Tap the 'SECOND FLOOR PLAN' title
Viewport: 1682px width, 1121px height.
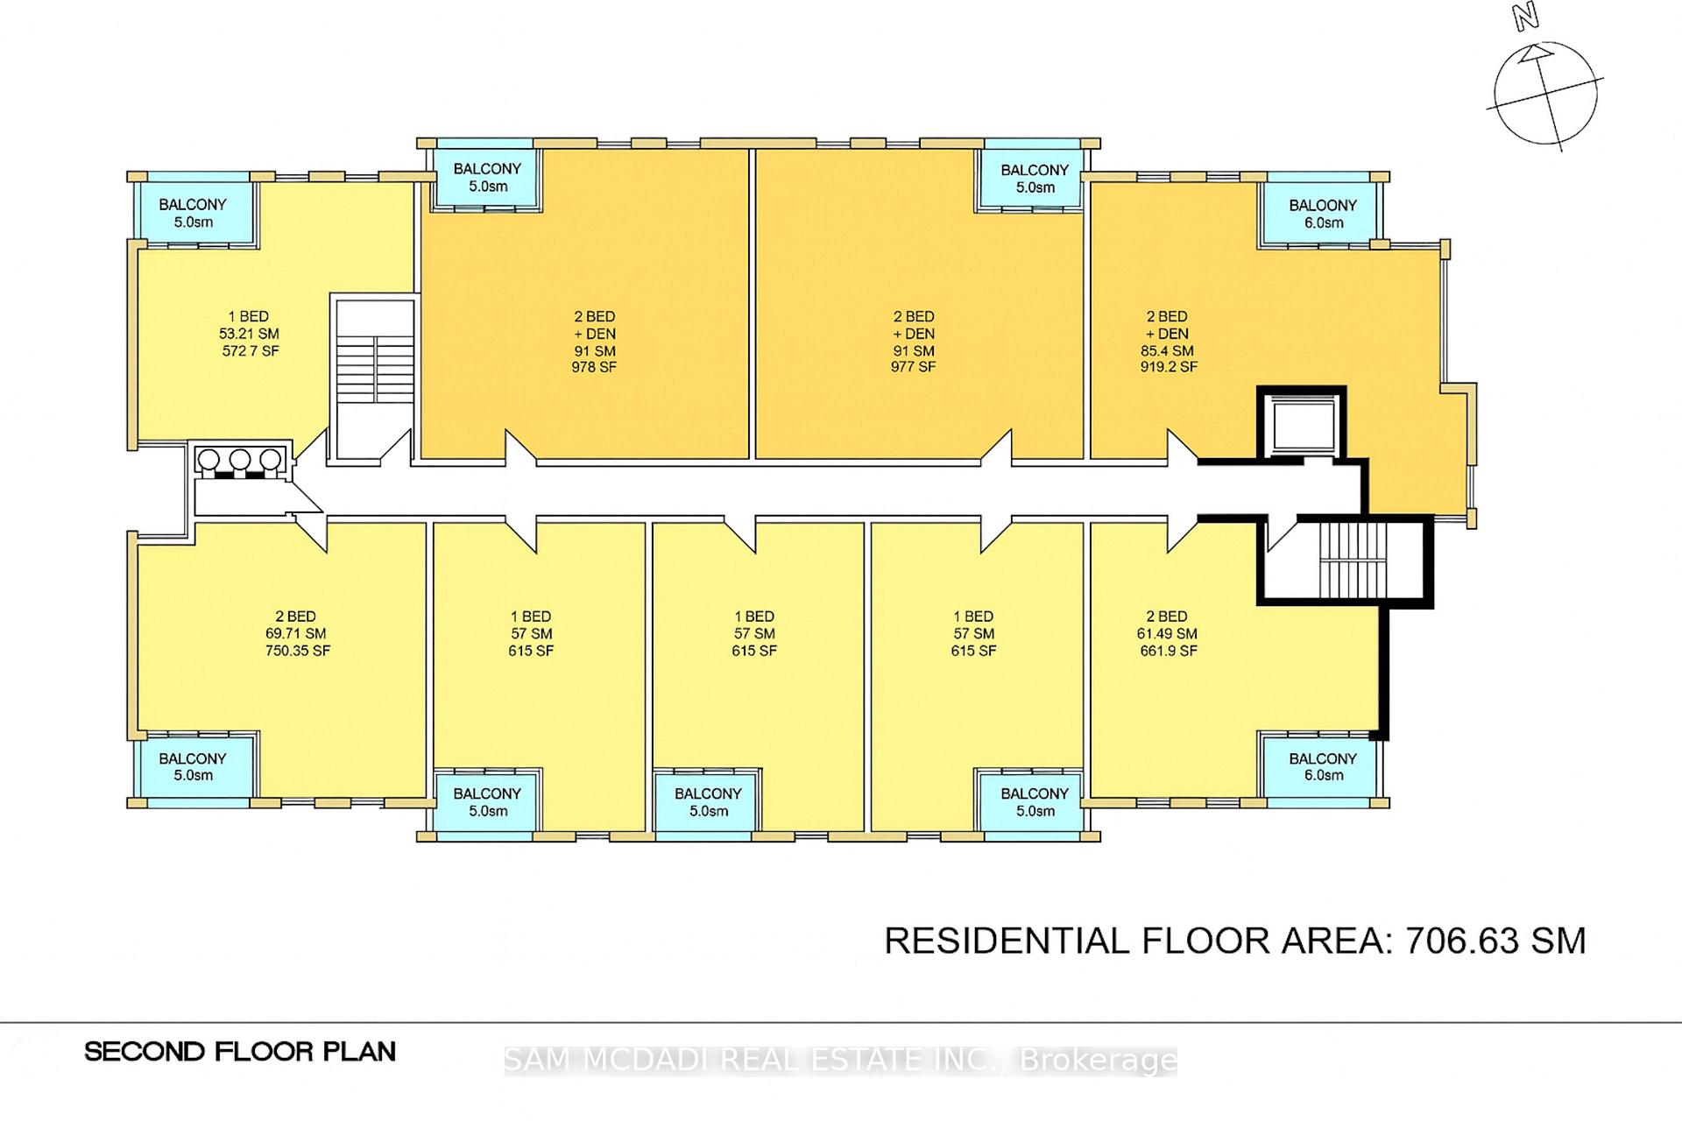tap(240, 1052)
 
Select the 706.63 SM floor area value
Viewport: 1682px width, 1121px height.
tap(1495, 941)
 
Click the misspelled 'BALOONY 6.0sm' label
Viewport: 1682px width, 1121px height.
tap(1323, 214)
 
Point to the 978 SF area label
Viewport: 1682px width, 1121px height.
tap(594, 368)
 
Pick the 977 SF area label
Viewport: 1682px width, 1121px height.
tap(914, 368)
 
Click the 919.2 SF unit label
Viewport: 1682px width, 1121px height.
tap(1169, 368)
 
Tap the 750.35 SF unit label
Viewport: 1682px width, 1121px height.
tap(298, 651)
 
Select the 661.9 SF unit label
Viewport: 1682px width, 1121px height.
tap(1167, 651)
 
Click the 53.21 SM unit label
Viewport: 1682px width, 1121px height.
tap(250, 334)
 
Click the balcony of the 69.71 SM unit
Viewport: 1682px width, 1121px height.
tap(194, 765)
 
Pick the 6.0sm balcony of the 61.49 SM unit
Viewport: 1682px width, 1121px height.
tap(1323, 765)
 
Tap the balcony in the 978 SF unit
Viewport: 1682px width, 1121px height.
tap(487, 178)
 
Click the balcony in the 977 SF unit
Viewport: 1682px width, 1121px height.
tap(1035, 179)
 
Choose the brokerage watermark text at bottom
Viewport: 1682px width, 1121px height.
tap(841, 1061)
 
